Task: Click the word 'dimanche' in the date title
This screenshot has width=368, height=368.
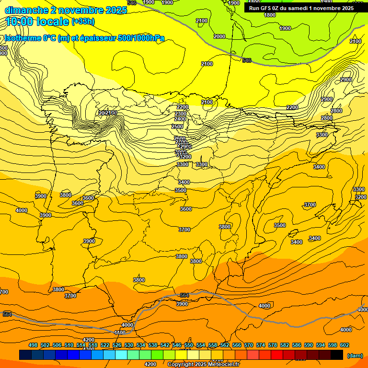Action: (x=26, y=10)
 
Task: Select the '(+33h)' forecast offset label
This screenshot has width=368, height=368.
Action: (x=83, y=21)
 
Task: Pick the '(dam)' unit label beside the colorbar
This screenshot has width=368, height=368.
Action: (x=355, y=356)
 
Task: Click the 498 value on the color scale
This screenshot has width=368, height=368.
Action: (x=33, y=345)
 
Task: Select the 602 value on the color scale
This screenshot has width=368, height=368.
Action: (x=344, y=345)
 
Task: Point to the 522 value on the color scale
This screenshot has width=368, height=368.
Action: (x=105, y=345)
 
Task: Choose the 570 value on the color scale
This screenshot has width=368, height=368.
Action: (x=248, y=345)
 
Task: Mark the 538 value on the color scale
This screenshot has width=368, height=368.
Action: (x=153, y=345)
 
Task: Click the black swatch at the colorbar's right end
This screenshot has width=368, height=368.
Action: (x=337, y=355)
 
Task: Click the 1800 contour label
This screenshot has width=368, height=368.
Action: (x=270, y=15)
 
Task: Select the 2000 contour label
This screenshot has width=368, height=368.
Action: (x=219, y=36)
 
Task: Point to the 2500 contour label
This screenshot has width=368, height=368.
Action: (x=177, y=126)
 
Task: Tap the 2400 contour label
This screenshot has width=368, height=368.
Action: (x=180, y=119)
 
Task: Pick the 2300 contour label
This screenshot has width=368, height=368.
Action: (x=181, y=114)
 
